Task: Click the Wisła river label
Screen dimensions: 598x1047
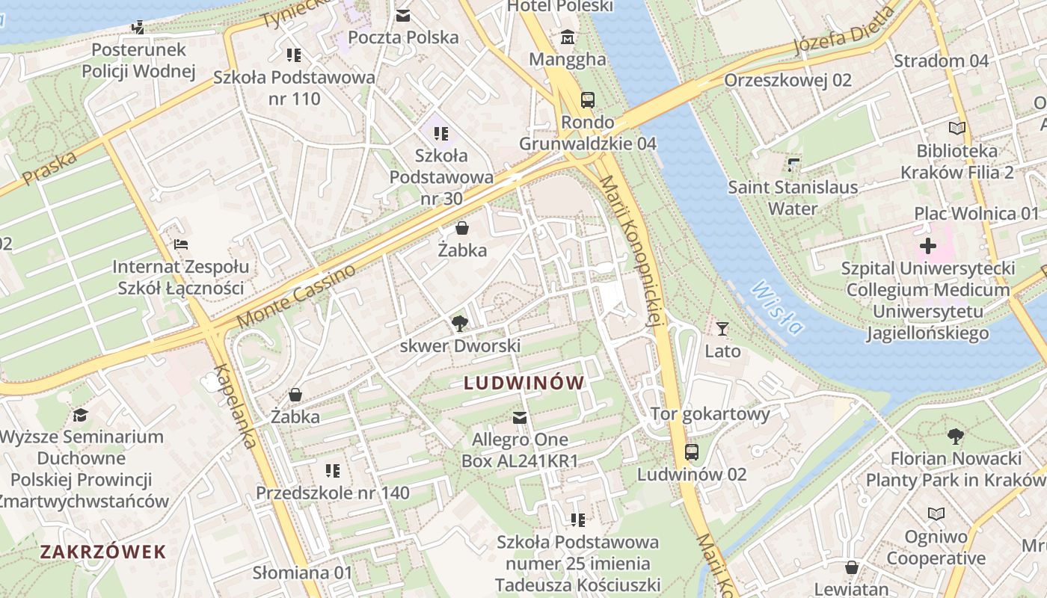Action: [x=779, y=306]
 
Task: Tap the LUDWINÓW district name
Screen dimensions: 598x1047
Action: [x=523, y=383]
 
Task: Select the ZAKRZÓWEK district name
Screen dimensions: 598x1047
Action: [x=103, y=552]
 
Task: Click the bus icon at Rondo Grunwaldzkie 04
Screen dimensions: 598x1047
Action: [x=588, y=100]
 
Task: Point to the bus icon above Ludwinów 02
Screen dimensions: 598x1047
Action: [x=692, y=451]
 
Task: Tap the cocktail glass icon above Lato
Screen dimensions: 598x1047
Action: [x=722, y=328]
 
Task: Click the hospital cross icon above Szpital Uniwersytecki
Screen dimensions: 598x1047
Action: [x=927, y=245]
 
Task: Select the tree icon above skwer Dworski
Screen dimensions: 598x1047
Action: [x=460, y=323]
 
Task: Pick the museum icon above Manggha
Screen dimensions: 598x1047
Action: [x=568, y=37]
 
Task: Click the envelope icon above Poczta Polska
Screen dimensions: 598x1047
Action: [x=403, y=15]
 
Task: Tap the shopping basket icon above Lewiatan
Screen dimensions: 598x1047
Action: [x=851, y=567]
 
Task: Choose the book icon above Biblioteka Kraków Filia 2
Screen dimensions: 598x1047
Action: [x=957, y=128]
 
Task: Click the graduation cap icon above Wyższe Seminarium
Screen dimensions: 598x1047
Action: [x=81, y=414]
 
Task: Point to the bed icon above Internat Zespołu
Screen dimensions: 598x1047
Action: [x=180, y=244]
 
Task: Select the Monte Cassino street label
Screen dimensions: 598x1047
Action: [x=296, y=296]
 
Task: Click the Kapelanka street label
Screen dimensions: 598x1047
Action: [x=235, y=406]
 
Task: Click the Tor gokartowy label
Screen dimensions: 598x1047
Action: [x=710, y=414]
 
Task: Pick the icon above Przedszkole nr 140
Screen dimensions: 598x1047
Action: [x=333, y=470]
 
